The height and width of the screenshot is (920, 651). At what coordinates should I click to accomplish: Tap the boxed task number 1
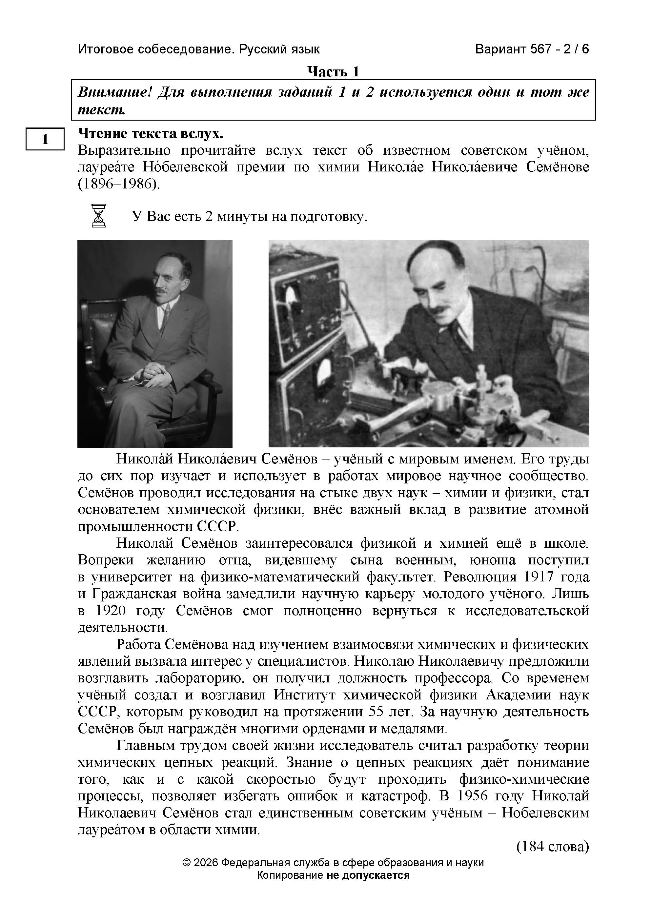45,139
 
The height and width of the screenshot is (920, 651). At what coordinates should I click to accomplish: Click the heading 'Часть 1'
333,72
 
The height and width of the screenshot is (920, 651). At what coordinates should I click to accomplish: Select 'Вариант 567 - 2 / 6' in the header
532,49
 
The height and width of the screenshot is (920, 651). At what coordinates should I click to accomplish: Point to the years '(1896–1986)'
119,184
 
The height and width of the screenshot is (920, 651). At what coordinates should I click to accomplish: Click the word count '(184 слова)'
552,846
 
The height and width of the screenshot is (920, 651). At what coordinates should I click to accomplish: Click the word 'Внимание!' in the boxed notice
115,92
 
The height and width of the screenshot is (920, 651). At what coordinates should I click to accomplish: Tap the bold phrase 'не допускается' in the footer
368,875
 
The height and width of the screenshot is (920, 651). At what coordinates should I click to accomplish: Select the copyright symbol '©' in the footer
186,863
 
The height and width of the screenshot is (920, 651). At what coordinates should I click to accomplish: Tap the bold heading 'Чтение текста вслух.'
150,133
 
